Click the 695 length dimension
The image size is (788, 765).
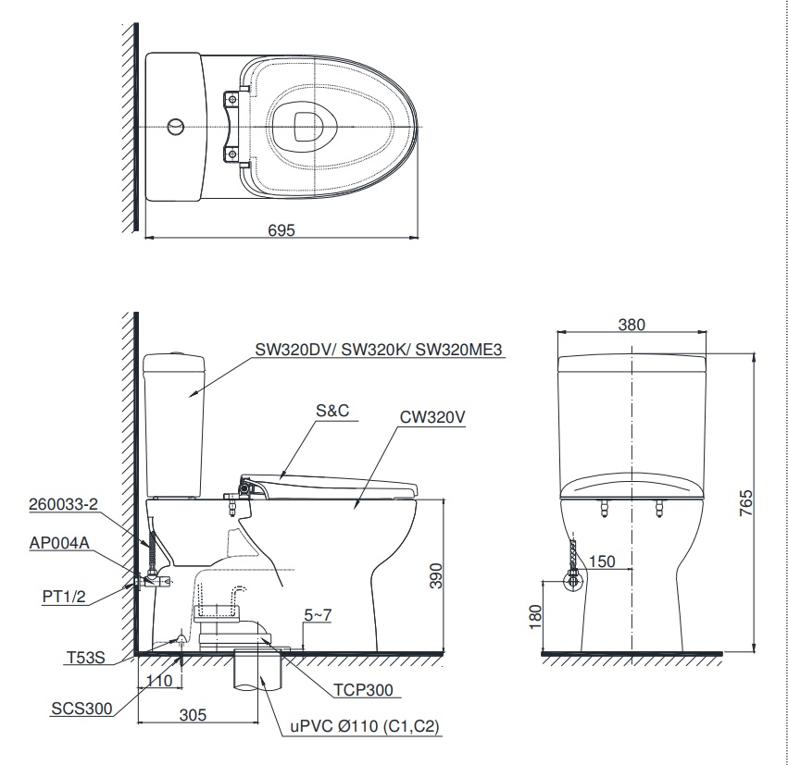click(x=282, y=231)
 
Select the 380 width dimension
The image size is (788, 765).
click(x=632, y=325)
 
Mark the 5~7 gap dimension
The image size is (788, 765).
click(x=318, y=614)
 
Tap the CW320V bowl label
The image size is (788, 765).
click(x=432, y=417)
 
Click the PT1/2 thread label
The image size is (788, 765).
click(x=64, y=596)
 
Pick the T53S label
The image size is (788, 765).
click(x=85, y=658)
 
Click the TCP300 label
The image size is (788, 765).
click(x=363, y=690)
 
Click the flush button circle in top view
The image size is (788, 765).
click(x=176, y=126)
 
